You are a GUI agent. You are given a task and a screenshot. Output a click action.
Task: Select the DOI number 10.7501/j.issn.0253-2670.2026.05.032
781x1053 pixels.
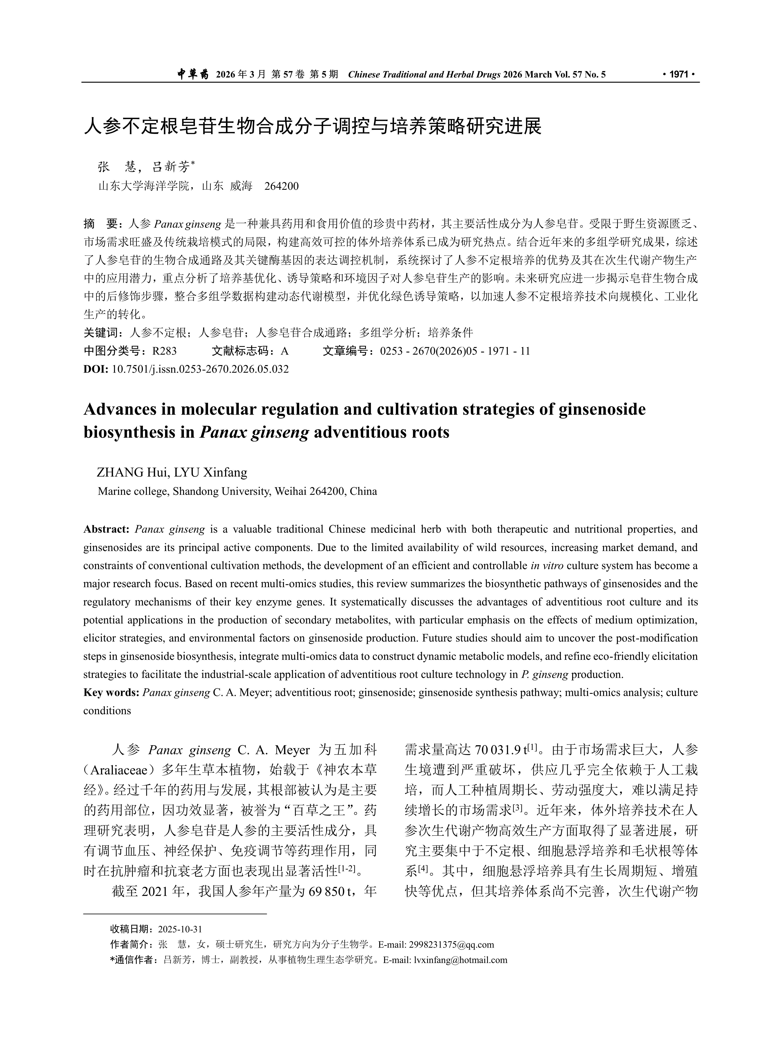[200, 369]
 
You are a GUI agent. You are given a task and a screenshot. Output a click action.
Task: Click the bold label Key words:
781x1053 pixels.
[111, 693]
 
